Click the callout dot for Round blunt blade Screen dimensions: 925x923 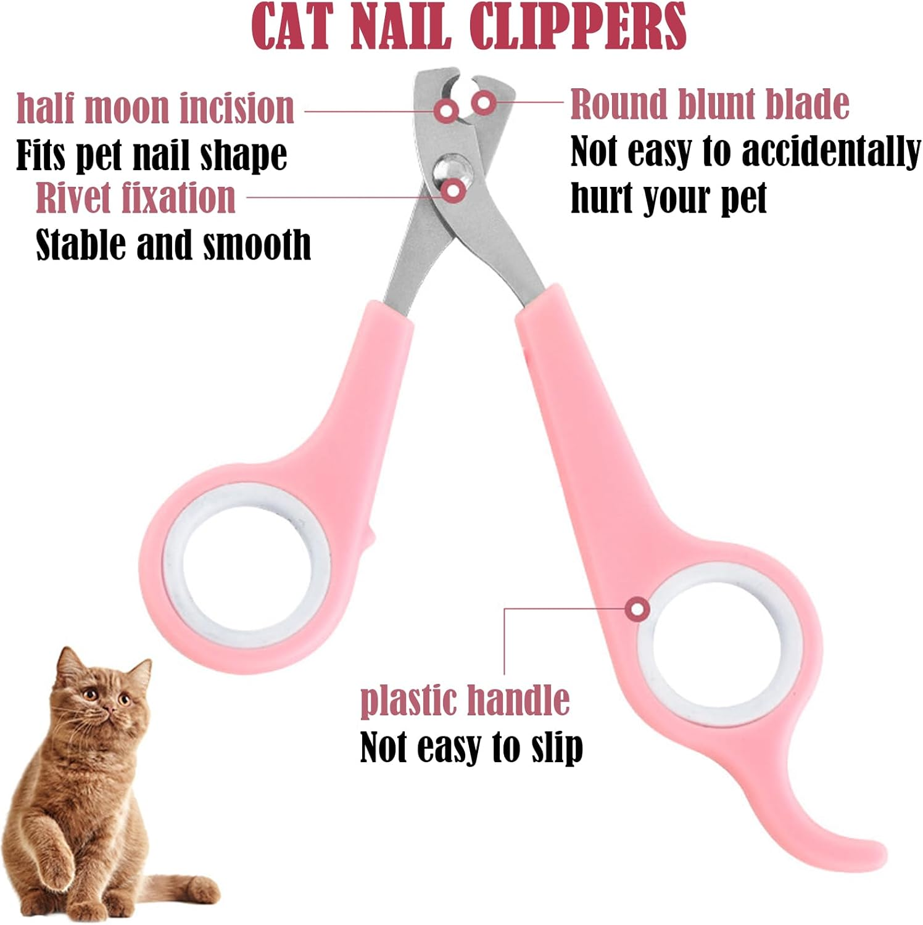(x=484, y=101)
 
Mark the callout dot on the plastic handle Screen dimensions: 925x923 (x=637, y=610)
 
